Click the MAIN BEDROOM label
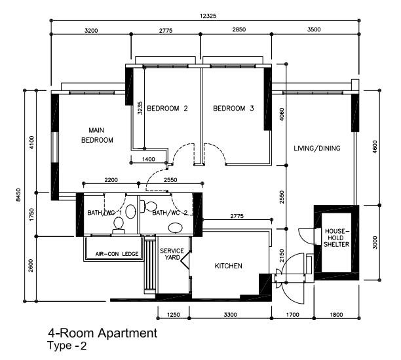coord(97,135)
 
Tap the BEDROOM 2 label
coord(167,109)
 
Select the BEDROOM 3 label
coord(233,109)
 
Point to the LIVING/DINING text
coord(317,149)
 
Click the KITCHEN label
coord(229,266)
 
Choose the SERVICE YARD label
coord(171,254)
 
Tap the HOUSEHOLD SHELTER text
coord(335,238)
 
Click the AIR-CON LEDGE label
coord(117,254)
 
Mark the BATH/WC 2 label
coord(170,213)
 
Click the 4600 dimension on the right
coord(375,147)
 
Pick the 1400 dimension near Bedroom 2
coord(148,159)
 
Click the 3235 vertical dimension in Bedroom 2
coord(140,108)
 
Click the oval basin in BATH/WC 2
coord(176,228)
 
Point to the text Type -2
coord(66,346)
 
